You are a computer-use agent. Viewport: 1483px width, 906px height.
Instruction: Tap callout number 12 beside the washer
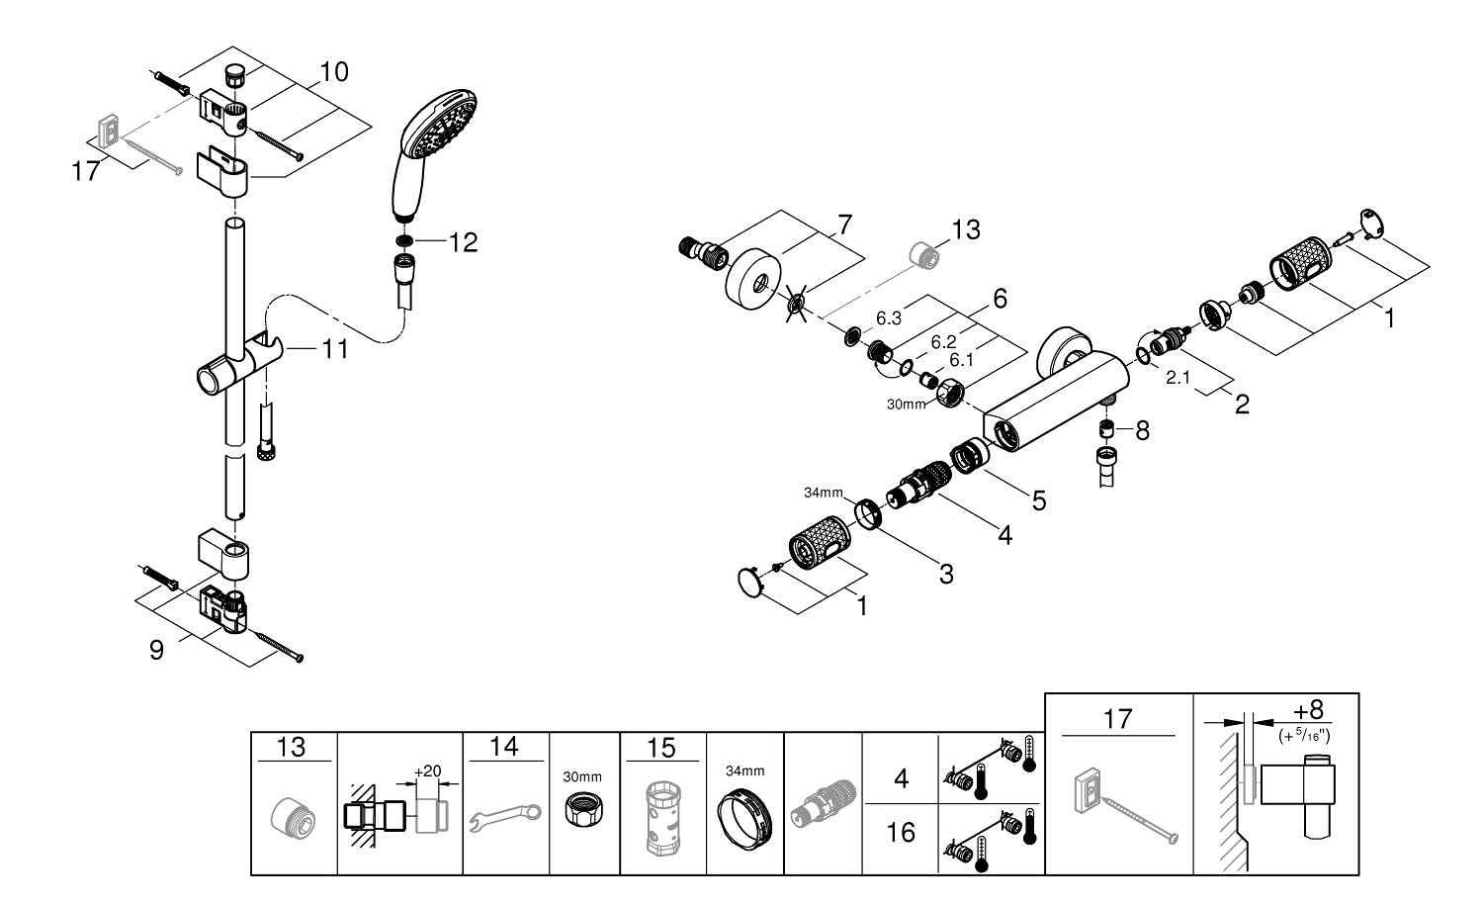click(463, 241)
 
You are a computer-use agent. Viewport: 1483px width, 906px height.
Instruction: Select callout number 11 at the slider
click(334, 348)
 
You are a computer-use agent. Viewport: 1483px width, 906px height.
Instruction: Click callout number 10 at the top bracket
click(333, 72)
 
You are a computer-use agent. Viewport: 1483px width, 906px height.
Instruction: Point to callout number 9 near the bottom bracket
click(156, 651)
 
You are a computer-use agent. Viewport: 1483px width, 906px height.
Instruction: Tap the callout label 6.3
click(889, 319)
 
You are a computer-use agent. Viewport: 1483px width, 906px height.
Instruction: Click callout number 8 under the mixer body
click(1142, 430)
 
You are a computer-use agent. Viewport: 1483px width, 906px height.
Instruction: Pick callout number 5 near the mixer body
click(1038, 500)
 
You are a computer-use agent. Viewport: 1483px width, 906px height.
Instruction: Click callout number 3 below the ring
click(946, 574)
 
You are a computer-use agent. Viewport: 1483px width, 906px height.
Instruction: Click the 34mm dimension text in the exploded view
click(823, 493)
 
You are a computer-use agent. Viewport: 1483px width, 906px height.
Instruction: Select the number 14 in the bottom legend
click(504, 747)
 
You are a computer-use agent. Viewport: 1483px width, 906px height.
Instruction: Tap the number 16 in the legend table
click(901, 833)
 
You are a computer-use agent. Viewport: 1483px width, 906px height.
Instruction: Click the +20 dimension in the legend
click(426, 770)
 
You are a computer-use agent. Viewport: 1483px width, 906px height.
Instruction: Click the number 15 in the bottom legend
click(661, 747)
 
